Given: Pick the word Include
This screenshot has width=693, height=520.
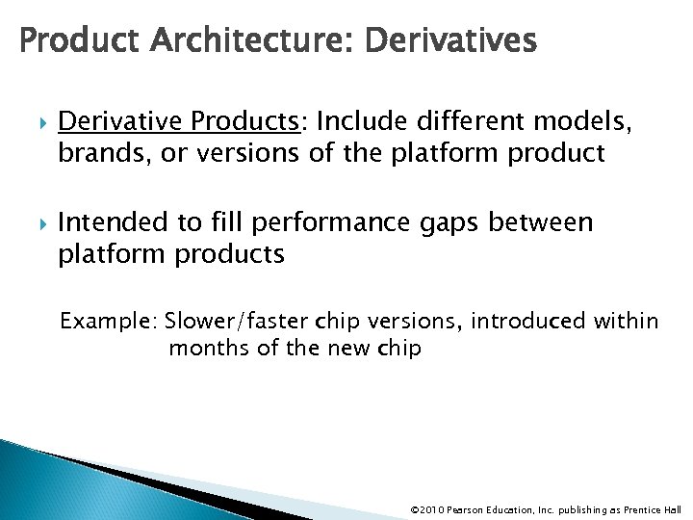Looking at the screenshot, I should coord(358,120).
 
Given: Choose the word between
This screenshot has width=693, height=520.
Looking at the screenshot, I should coord(546,223).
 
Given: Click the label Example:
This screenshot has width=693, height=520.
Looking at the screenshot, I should coord(109,321).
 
